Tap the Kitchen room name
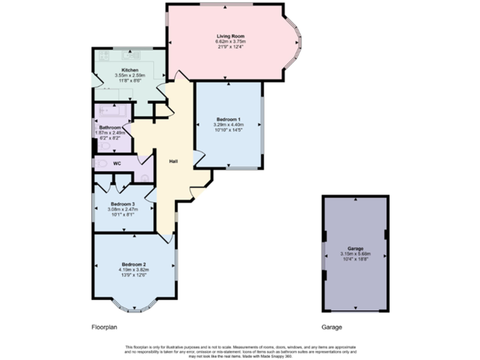tap(130, 70)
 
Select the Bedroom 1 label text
tap(229, 119)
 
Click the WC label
tap(117, 164)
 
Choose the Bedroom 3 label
tap(123, 204)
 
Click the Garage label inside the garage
tap(356, 248)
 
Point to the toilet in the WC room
tap(100, 164)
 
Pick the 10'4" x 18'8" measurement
tap(356, 259)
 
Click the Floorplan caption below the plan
tap(104, 327)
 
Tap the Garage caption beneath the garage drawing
tap(332, 327)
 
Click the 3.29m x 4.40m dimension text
tap(229, 125)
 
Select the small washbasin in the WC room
tap(145, 177)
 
